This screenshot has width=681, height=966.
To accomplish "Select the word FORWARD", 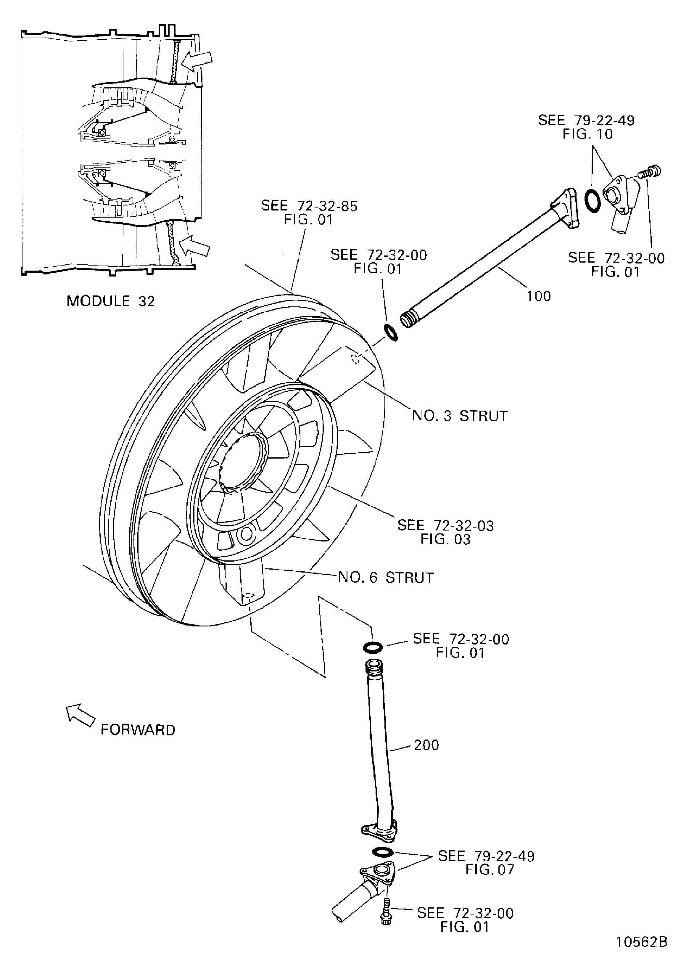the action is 138,729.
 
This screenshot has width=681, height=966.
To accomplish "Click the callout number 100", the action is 539,296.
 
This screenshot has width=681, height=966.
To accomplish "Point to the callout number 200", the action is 426,745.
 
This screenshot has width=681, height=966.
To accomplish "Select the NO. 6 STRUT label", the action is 386,577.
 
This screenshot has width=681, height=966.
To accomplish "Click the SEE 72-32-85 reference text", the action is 309,206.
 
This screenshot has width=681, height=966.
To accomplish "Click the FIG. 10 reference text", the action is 587,134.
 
